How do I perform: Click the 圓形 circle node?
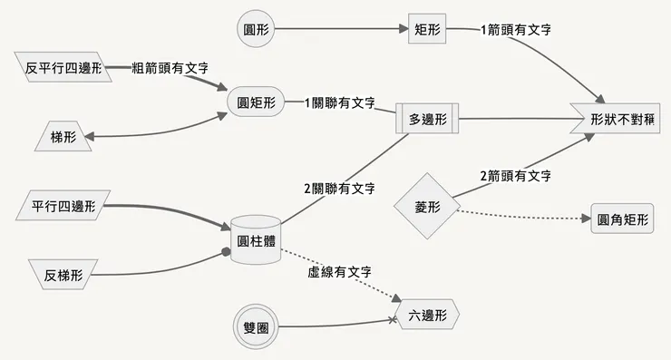(254, 29)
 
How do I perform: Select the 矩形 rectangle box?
(428, 29)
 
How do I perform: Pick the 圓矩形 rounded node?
(255, 102)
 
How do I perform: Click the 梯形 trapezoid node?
(63, 136)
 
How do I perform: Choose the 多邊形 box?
(429, 119)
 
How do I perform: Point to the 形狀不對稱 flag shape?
(622, 119)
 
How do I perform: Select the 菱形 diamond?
(427, 207)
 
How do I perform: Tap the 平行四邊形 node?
(63, 206)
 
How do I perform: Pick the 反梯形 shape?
(63, 274)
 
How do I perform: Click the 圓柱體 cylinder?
(255, 240)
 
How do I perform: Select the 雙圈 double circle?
(255, 326)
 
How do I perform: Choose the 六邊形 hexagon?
(428, 316)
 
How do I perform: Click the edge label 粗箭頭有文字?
(170, 68)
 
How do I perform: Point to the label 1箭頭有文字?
(517, 30)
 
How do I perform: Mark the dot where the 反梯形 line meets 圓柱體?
(226, 252)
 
